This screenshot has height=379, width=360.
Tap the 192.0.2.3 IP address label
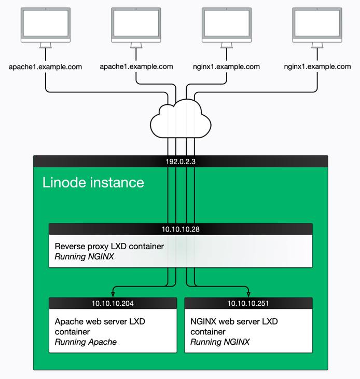point(181,161)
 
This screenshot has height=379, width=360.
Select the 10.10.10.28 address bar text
point(181,229)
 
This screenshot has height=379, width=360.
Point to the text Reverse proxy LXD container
point(109,246)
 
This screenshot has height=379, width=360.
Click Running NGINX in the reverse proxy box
point(85,256)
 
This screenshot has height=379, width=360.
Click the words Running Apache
point(86,342)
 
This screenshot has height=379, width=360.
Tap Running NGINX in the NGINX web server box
point(220,342)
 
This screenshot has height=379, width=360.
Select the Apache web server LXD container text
point(100,327)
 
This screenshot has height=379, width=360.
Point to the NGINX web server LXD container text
point(234,327)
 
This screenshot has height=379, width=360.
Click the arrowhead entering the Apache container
point(113,294)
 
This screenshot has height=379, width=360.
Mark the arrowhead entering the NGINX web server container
point(248,294)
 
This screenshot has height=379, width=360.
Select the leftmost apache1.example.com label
point(45,66)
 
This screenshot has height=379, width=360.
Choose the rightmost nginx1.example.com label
point(317,66)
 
